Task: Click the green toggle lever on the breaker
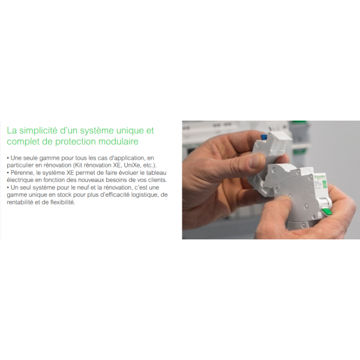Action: coord(327,212)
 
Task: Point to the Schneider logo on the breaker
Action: coord(319,177)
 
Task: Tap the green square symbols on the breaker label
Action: coord(325,184)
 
